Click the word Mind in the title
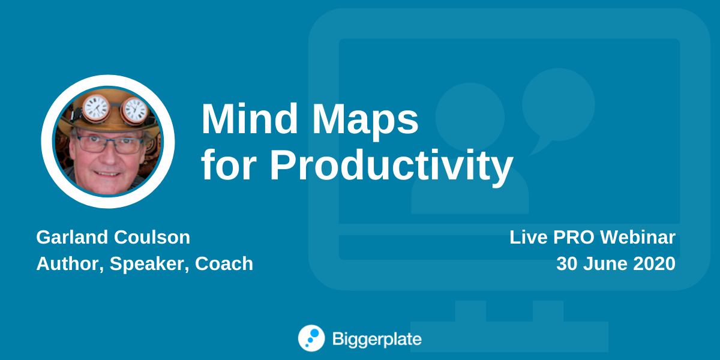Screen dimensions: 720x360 [250, 118]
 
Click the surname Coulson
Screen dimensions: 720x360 [152, 237]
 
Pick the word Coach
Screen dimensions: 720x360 [224, 263]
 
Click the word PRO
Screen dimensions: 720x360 [574, 237]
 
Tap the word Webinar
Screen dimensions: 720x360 [638, 237]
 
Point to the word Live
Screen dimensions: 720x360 [529, 237]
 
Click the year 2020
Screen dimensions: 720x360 [654, 263]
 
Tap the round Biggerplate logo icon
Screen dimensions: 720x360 [311, 338]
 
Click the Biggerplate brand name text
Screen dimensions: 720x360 [377, 339]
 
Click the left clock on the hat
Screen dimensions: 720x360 [96, 109]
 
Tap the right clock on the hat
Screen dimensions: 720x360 [135, 111]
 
